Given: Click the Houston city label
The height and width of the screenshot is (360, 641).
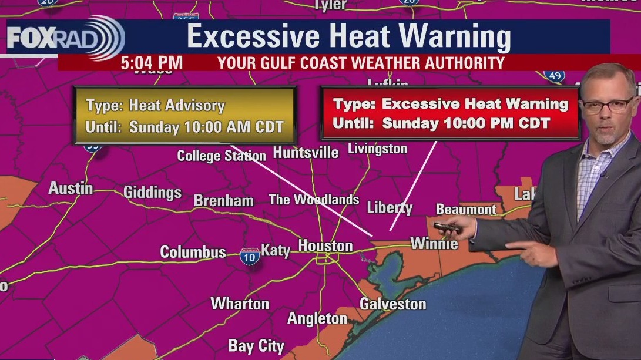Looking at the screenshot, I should tap(325, 245).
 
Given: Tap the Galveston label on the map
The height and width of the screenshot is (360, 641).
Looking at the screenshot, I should tap(392, 304).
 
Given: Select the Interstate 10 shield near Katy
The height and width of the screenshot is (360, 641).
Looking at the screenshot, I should tap(250, 257).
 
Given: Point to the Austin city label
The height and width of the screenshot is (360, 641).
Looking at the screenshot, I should tap(71, 189).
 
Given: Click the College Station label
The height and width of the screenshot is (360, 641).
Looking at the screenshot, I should tap(222, 156).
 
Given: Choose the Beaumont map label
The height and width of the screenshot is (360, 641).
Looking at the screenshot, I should tap(466, 210).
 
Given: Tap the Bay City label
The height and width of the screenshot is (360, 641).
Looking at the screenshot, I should tap(256, 346).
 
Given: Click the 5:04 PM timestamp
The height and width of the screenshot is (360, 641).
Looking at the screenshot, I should tap(152, 63).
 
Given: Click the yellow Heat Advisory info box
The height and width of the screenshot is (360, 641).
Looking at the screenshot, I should tap(184, 116).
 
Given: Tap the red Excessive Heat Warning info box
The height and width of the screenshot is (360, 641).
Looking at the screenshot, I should tap(450, 113).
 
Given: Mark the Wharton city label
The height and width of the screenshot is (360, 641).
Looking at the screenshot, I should tap(240, 304).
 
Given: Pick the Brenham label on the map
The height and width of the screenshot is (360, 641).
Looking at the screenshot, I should tap(224, 201).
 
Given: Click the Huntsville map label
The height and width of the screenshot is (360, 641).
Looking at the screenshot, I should tap(306, 153).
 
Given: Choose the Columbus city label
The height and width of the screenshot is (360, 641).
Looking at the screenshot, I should tap(193, 253).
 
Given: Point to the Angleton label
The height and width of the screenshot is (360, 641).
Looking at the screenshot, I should tap(317, 319).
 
